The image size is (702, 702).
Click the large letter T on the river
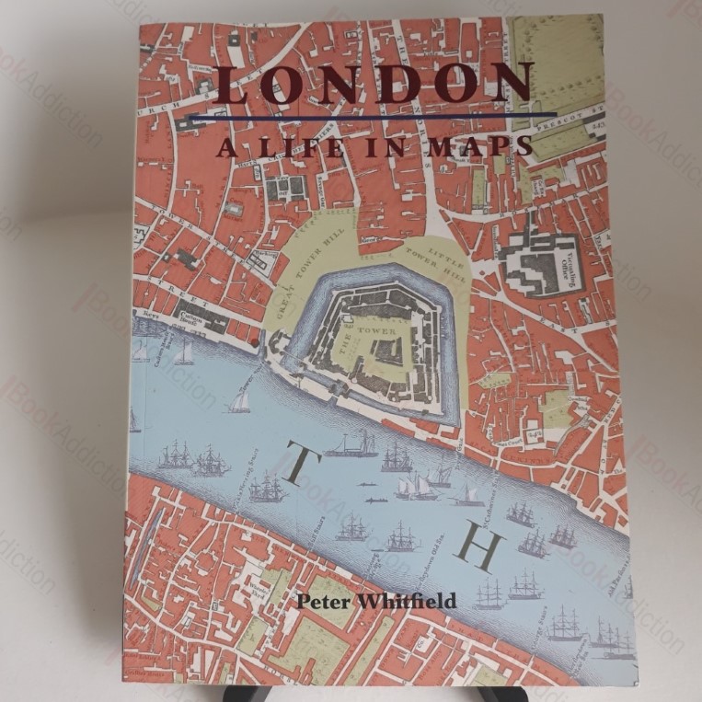(296, 466)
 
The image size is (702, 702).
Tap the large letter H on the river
(481, 548)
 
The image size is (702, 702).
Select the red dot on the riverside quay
(255, 342)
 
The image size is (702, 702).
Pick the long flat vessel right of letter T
(351, 447)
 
